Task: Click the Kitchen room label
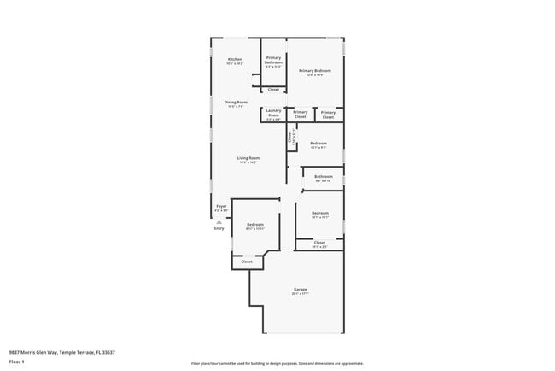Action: point(234,60)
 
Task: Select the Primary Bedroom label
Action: point(314,71)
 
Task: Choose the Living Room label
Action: point(248,158)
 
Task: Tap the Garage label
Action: point(300,290)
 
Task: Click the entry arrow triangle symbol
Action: point(219,221)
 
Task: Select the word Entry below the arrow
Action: point(219,228)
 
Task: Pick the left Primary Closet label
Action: point(301,113)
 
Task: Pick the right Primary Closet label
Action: point(328,113)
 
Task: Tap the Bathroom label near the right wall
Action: point(324,178)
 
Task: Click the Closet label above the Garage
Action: point(319,243)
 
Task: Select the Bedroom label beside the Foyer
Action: point(254,225)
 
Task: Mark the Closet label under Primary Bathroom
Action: point(273,89)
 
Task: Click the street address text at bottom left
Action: point(61,352)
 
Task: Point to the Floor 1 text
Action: point(17,362)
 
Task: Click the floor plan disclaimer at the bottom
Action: point(277,363)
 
